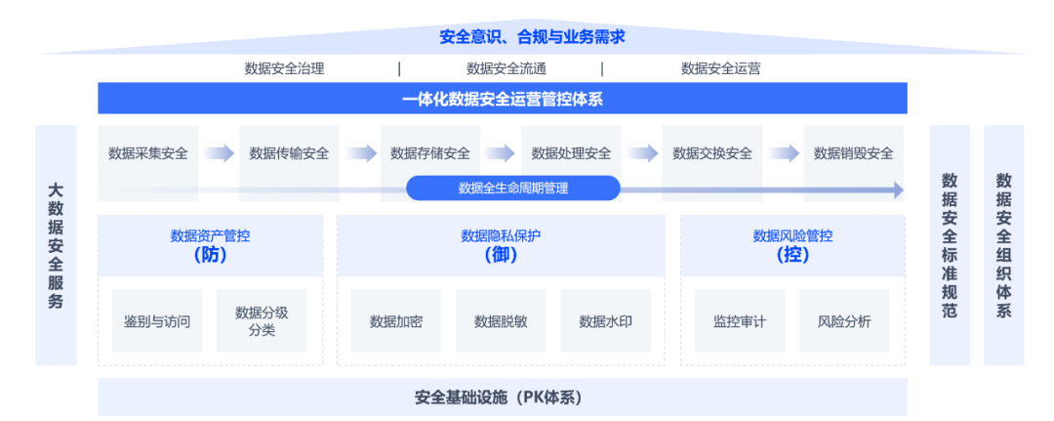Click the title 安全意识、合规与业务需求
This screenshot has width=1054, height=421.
click(531, 37)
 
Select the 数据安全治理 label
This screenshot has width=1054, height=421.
click(284, 68)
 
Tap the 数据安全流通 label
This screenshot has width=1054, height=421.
click(506, 68)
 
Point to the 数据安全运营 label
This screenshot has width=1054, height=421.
click(720, 68)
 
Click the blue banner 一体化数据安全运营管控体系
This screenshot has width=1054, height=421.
click(502, 99)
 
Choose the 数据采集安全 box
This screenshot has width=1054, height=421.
click(148, 153)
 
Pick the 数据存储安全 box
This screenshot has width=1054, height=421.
click(430, 153)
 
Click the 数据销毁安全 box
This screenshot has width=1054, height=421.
click(853, 153)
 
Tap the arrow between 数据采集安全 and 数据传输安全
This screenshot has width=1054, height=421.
click(219, 153)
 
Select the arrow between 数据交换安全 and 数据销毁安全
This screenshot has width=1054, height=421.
click(783, 153)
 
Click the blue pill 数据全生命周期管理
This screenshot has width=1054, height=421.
click(513, 189)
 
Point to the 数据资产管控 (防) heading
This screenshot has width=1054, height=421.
click(210, 245)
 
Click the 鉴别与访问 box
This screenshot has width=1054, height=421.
click(157, 321)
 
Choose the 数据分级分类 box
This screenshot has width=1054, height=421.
click(262, 321)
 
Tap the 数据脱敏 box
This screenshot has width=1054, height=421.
click(501, 321)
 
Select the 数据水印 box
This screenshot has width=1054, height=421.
click(605, 321)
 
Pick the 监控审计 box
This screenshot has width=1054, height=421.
click(739, 321)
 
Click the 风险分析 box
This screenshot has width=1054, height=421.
click(843, 321)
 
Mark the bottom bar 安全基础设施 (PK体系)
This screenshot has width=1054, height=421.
click(502, 398)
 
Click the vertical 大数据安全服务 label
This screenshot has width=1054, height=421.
click(56, 245)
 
